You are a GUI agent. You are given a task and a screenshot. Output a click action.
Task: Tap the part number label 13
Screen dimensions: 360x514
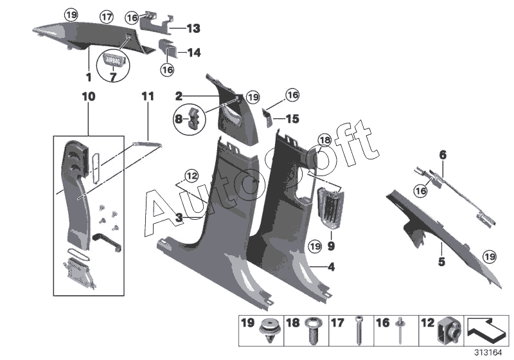point(193,28)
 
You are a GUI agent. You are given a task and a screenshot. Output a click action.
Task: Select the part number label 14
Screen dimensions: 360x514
point(193,53)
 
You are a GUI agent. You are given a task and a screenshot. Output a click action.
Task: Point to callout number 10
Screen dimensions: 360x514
point(88,96)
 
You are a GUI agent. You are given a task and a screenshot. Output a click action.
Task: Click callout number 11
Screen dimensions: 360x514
point(148,96)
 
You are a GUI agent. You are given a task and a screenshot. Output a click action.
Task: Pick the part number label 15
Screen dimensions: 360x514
point(292,118)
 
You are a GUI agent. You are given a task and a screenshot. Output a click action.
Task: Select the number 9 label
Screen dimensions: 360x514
point(331,246)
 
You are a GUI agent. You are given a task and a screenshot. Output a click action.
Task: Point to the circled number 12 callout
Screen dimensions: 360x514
point(191,175)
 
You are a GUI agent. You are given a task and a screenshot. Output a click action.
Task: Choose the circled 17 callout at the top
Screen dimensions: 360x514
point(107,14)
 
